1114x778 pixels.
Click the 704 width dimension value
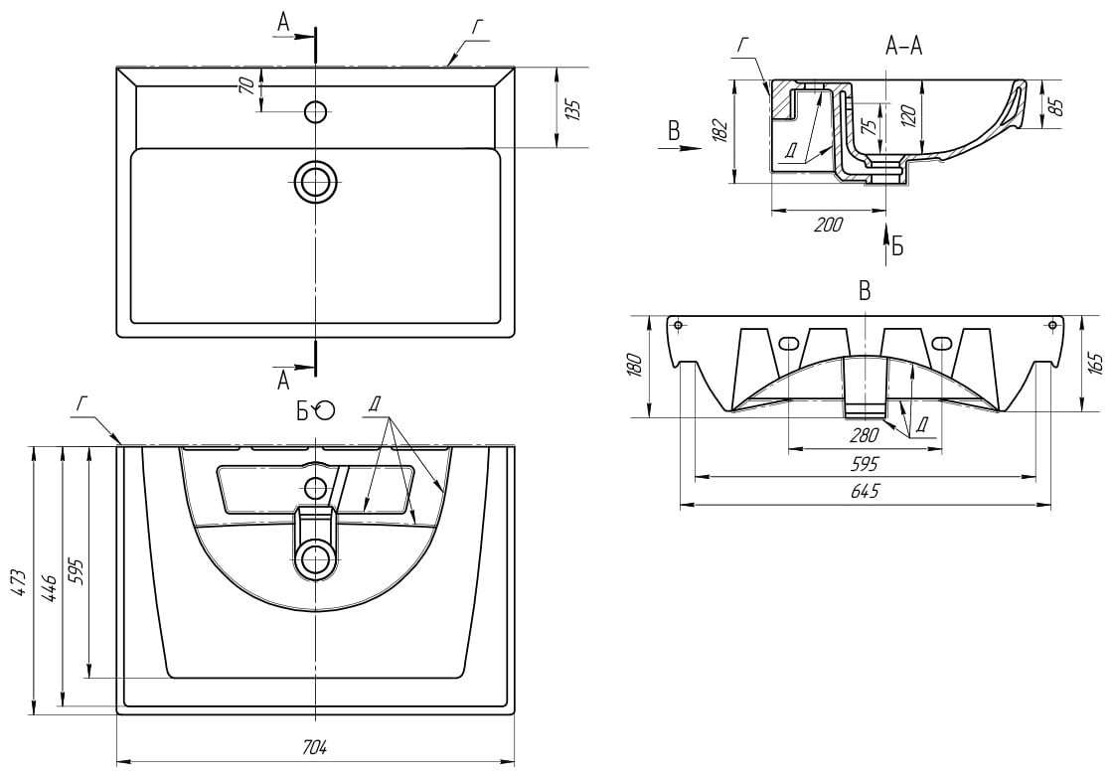click(x=315, y=747)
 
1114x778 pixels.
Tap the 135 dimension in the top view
click(x=572, y=109)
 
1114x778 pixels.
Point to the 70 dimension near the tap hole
click(x=245, y=86)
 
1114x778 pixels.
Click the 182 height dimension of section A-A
click(x=721, y=130)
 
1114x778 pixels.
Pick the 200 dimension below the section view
click(x=828, y=225)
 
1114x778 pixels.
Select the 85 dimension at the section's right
click(x=1055, y=104)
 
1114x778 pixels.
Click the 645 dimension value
click(x=865, y=492)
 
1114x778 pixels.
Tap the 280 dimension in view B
click(x=865, y=435)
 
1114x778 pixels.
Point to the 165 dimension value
click(x=1094, y=363)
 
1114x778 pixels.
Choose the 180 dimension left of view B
click(x=637, y=365)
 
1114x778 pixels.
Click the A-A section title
click(x=903, y=47)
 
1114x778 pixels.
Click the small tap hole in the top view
click(x=316, y=111)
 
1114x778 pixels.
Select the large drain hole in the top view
click(x=316, y=182)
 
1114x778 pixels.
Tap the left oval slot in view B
click(x=788, y=344)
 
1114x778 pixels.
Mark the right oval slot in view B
click(x=942, y=344)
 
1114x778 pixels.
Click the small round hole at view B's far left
click(x=677, y=325)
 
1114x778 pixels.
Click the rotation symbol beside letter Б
click(x=325, y=409)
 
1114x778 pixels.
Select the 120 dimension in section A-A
click(x=907, y=115)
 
